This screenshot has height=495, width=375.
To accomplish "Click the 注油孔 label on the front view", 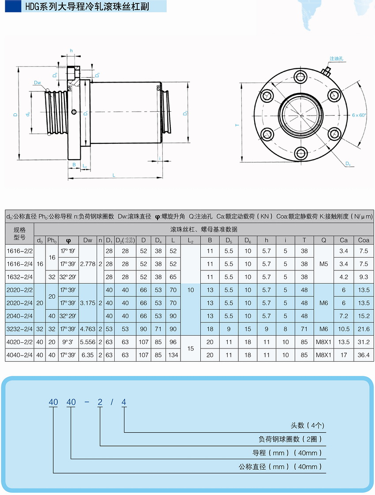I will pos(337,59).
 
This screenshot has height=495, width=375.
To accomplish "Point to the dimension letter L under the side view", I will pos(114,175).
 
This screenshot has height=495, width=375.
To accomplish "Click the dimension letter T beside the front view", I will pos(237,125).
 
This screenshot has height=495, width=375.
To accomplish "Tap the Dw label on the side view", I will pos(37,82).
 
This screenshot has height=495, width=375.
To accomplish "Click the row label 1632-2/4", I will pos(20,277).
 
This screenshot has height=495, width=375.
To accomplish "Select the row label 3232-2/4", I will pos(20,329).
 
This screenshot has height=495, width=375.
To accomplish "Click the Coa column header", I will pos(364,240).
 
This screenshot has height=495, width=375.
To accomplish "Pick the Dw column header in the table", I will pos(88,240).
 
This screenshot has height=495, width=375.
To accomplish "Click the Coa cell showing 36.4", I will pos(364,355).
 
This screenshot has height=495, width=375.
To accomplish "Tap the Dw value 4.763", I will pos(88,329).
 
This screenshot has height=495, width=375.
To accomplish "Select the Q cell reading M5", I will pos(323,264).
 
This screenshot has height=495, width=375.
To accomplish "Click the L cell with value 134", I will pos(173,355).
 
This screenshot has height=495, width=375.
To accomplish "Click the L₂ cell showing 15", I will pos(191,349).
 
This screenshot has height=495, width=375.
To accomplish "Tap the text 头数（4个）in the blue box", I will pos(307,425).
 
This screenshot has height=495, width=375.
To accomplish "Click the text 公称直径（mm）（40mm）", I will pos(280,466).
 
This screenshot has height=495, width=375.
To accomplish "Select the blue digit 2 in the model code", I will pos(100,402).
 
